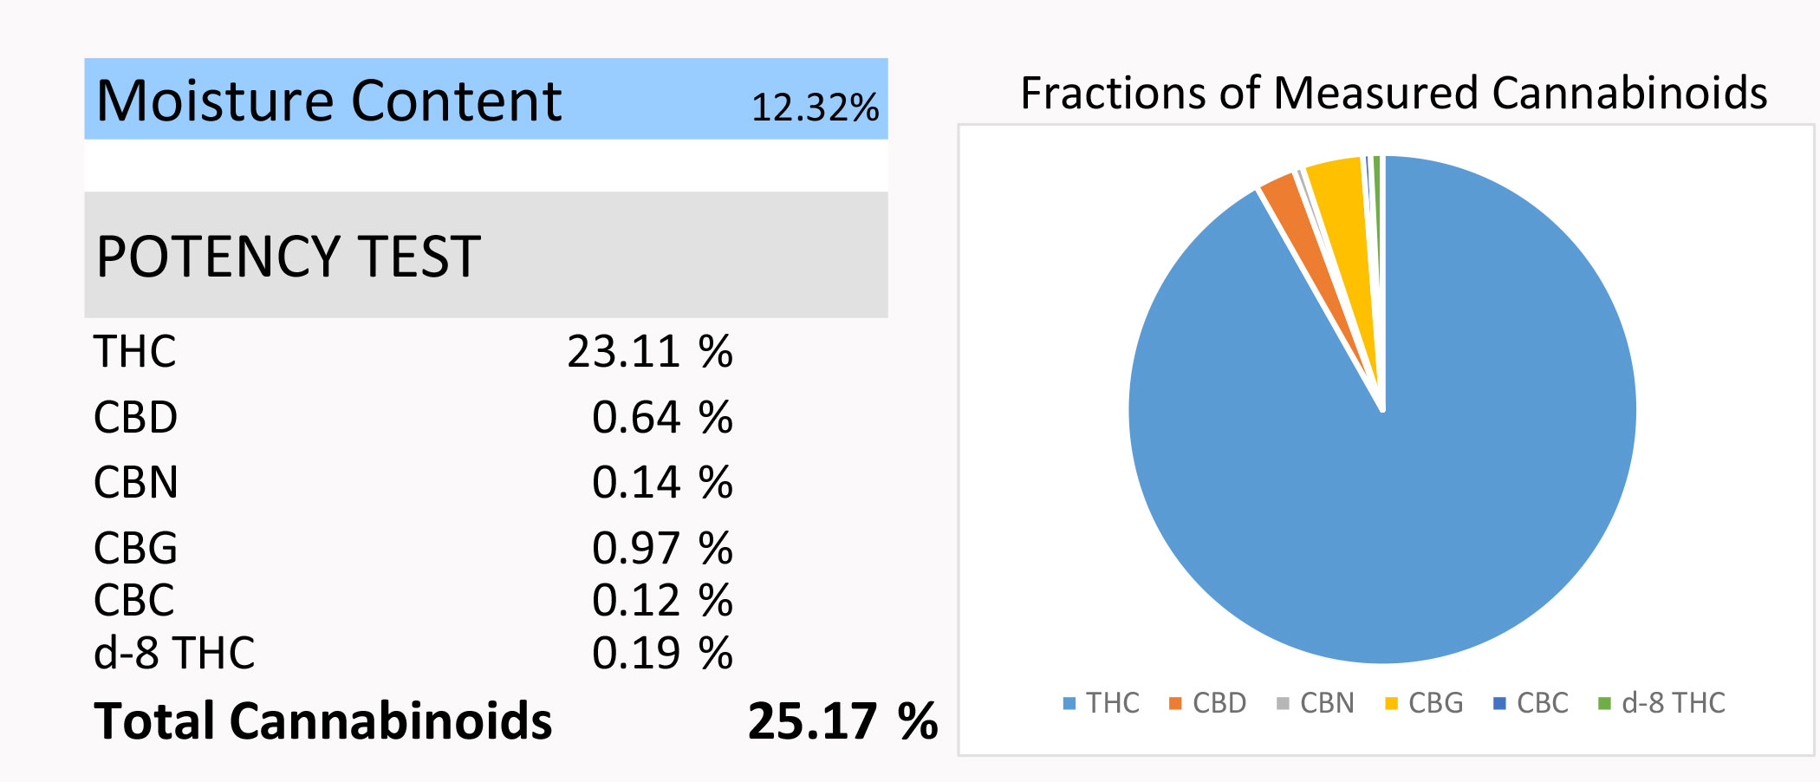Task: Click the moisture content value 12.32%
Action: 814,108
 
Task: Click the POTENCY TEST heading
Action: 288,257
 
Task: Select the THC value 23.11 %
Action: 649,352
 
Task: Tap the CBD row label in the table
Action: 135,418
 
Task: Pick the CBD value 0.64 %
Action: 661,418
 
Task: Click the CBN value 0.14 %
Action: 661,483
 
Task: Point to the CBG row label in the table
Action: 135,549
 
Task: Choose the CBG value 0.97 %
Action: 661,549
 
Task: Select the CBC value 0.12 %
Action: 661,601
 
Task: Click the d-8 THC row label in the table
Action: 174,654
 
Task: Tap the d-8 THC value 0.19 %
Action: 661,654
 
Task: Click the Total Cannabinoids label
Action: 322,721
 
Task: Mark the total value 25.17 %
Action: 842,721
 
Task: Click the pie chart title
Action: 1394,94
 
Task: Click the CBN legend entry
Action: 1316,703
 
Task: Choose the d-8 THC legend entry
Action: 1661,703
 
